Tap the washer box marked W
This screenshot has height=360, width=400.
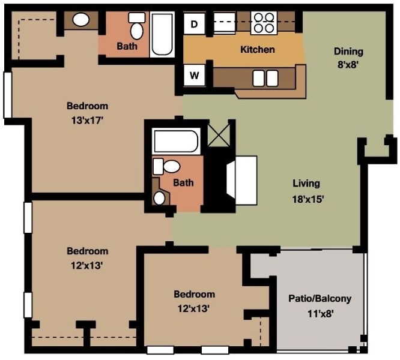(x=194, y=75)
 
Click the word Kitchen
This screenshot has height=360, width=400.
(x=257, y=49)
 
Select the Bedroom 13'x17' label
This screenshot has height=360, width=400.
(x=87, y=112)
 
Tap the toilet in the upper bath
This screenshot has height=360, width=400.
(x=136, y=28)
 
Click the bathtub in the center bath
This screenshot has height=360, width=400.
(x=175, y=142)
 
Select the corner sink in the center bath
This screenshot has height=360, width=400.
(x=160, y=197)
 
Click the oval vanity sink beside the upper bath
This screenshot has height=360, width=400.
(x=80, y=20)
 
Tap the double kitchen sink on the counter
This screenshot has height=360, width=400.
(x=265, y=78)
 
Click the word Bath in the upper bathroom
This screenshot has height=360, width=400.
(x=127, y=46)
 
